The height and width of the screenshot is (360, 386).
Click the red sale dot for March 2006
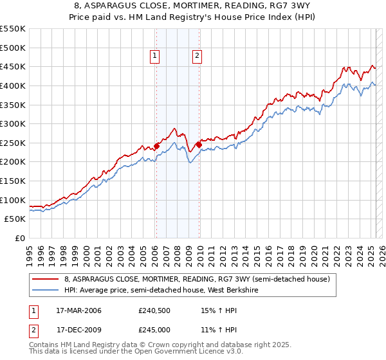(156, 146)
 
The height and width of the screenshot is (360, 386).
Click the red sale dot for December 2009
(199, 145)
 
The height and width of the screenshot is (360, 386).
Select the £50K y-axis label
(15, 219)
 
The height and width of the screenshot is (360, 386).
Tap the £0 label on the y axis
(19, 239)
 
